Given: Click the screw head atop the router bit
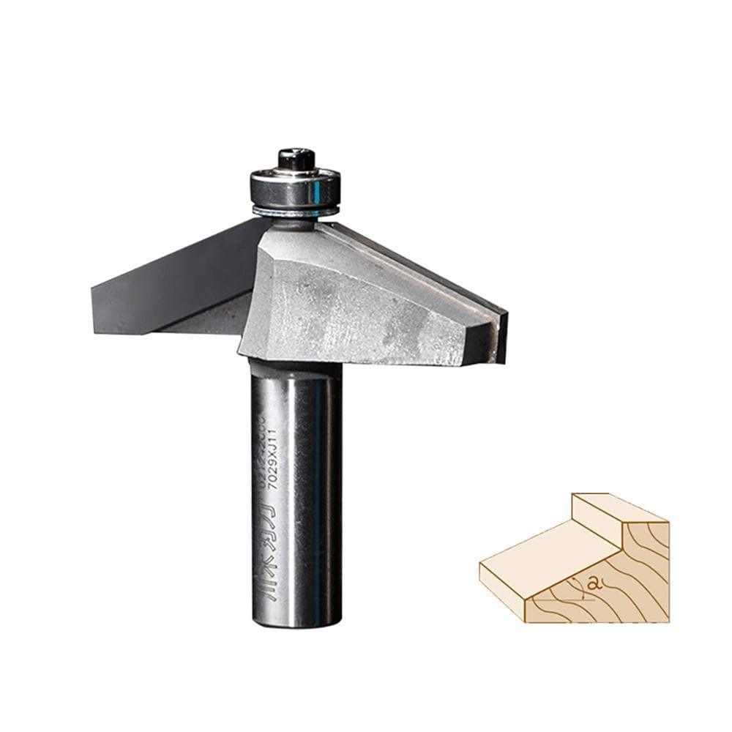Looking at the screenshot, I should [296, 158].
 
